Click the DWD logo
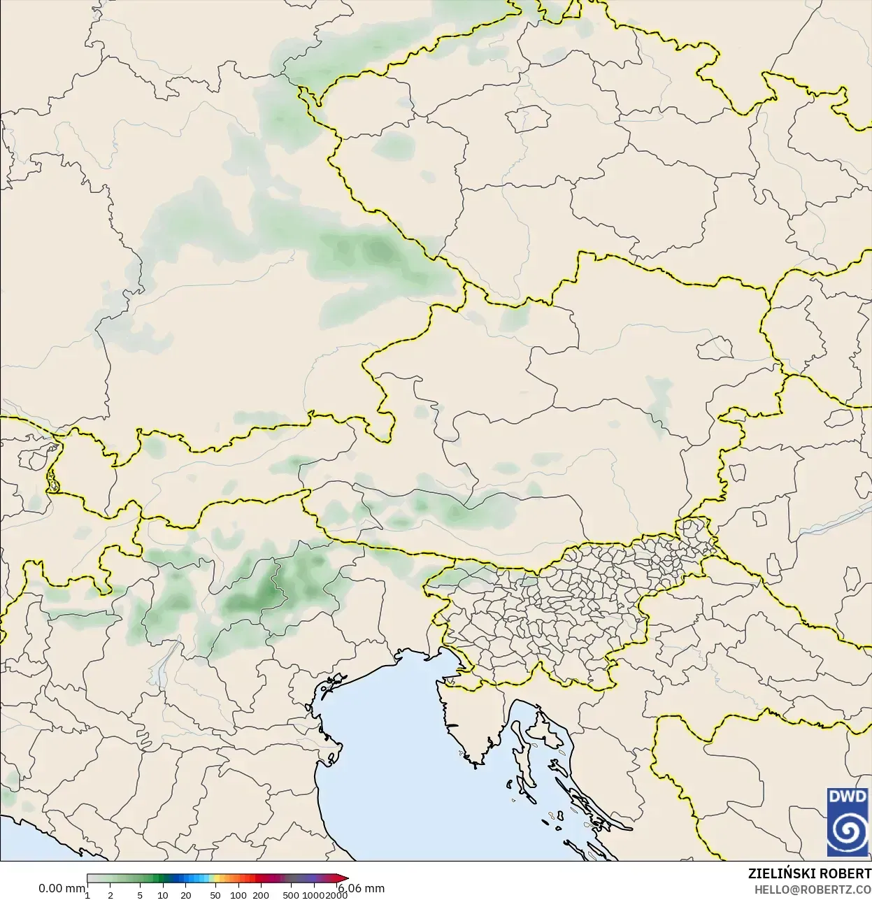[x=848, y=822]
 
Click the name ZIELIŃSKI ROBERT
[x=809, y=874]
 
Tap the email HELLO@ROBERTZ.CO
[x=812, y=890]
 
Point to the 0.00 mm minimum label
[x=62, y=888]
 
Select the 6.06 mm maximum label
[x=363, y=888]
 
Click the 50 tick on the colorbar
[x=215, y=895]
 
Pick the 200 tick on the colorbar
[x=261, y=895]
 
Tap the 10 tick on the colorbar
[x=162, y=895]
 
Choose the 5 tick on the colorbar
[x=140, y=895]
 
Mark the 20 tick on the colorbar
[x=185, y=895]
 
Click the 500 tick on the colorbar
[x=291, y=895]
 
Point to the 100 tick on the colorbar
[x=238, y=895]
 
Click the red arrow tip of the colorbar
[x=344, y=878]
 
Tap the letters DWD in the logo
[x=848, y=797]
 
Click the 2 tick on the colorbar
[x=110, y=895]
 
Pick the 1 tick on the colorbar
[x=87, y=895]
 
